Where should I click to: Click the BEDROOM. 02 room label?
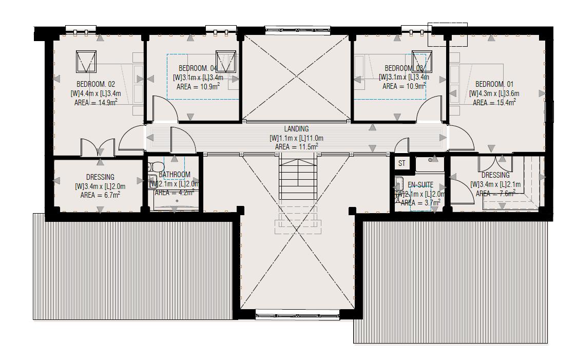[95, 84]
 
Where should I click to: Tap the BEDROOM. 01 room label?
[494, 84]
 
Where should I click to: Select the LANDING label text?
[296, 129]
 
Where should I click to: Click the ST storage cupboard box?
[401, 163]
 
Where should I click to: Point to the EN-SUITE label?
[420, 185]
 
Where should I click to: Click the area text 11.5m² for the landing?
[296, 147]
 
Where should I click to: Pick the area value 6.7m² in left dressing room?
[100, 195]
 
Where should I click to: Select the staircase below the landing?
[298, 180]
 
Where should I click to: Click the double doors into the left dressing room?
[98, 146]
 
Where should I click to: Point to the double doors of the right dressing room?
[495, 163]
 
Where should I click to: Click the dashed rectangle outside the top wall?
[447, 34]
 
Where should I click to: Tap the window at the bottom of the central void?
[298, 315]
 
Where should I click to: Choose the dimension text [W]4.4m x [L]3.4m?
[95, 93]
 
